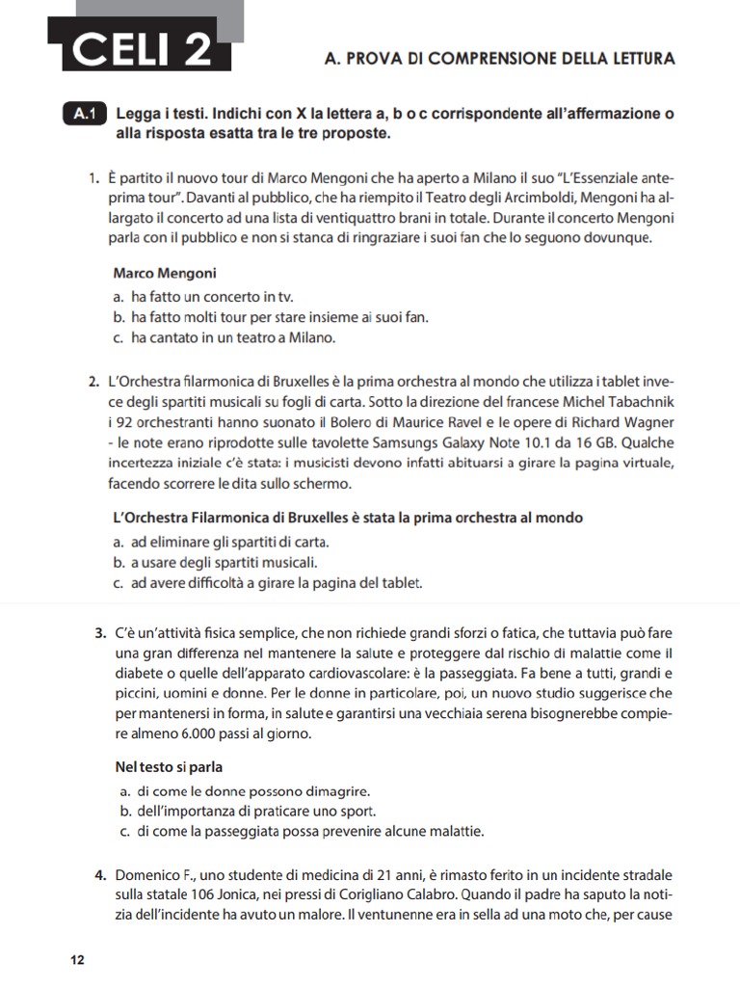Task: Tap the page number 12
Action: pos(78,960)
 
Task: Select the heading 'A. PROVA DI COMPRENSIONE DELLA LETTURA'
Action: pos(501,59)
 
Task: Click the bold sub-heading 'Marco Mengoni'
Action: pos(164,273)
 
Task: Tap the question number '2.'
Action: pos(94,384)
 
